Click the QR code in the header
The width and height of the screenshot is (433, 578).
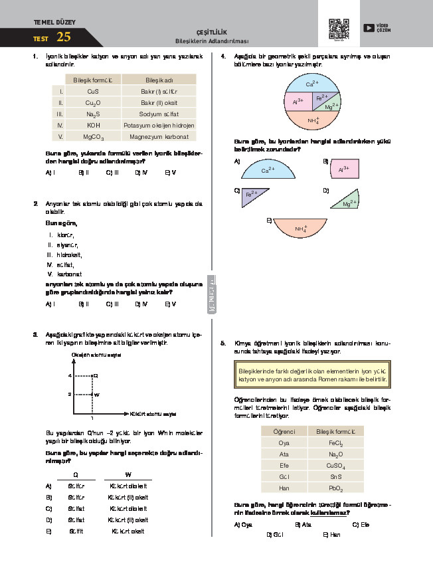pyautogui.click(x=339, y=29)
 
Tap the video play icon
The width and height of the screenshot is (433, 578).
pyautogui.click(x=369, y=28)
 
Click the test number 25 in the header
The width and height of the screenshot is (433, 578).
pyautogui.click(x=64, y=37)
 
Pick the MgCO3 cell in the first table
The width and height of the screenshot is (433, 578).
pyautogui.click(x=93, y=137)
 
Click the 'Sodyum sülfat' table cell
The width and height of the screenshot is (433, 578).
pyautogui.click(x=159, y=114)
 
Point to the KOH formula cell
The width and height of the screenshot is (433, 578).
pyautogui.click(x=93, y=125)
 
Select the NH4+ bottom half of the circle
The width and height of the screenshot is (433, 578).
pyautogui.click(x=313, y=120)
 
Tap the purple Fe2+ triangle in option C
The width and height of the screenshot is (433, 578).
pyautogui.click(x=252, y=195)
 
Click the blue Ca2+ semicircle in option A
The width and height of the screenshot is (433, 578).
pyautogui.click(x=268, y=170)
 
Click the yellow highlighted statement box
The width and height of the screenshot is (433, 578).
pyautogui.click(x=311, y=375)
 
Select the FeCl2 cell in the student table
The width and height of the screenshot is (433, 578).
pyautogui.click(x=335, y=442)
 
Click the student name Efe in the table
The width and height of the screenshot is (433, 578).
pyautogui.click(x=284, y=465)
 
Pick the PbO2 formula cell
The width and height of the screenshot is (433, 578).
pyautogui.click(x=335, y=488)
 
